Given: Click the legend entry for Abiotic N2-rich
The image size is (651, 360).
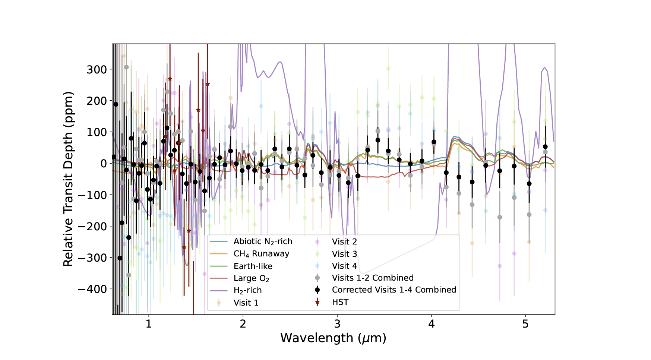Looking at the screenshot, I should pyautogui.click(x=263, y=241).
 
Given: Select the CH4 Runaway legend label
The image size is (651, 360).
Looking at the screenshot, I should pyautogui.click(x=261, y=254).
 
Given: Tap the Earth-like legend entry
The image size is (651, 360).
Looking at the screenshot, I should pyautogui.click(x=253, y=266).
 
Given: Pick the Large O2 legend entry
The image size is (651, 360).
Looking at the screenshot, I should pyautogui.click(x=251, y=278).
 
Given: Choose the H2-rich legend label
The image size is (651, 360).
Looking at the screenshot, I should pyautogui.click(x=247, y=290).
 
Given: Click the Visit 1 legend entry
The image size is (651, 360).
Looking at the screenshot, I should pyautogui.click(x=246, y=303).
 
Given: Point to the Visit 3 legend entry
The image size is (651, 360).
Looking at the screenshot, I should pyautogui.click(x=344, y=254).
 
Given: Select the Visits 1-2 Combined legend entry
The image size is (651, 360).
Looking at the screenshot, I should pyautogui.click(x=373, y=278).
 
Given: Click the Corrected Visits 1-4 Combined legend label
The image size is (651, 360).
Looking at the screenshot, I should pyautogui.click(x=394, y=290).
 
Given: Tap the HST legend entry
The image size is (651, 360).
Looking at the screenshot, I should pyautogui.click(x=340, y=302).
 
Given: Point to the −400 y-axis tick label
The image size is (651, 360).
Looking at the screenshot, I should pyautogui.click(x=92, y=289).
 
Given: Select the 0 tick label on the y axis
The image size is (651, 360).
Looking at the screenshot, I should pyautogui.click(x=103, y=164).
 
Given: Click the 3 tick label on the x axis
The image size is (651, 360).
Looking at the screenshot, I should pyautogui.click(x=337, y=324).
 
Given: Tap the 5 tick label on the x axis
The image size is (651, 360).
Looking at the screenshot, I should pyautogui.click(x=525, y=324).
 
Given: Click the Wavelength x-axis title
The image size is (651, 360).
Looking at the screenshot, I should pyautogui.click(x=333, y=338).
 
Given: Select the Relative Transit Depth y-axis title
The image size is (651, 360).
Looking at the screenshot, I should pyautogui.click(x=68, y=179).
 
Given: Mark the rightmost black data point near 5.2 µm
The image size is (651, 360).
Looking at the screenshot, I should pyautogui.click(x=545, y=147).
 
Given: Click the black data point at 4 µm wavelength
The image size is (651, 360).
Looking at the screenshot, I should pyautogui.click(x=434, y=142).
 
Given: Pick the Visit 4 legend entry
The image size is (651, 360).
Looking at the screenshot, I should pyautogui.click(x=344, y=266).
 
